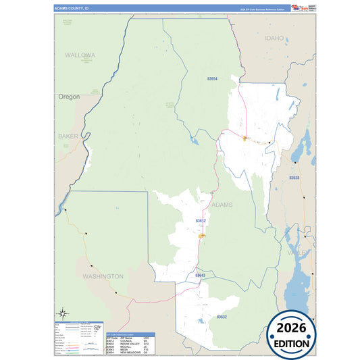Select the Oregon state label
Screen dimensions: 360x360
point(68,97)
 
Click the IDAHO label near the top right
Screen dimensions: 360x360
point(275,38)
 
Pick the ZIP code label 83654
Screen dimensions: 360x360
point(212,79)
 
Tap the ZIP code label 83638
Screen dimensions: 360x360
point(294,178)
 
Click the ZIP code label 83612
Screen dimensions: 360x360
point(201,221)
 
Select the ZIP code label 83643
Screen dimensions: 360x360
point(200,275)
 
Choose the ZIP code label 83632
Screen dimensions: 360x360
point(222,317)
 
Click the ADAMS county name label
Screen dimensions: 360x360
point(222,204)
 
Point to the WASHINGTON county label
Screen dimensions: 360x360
point(103,276)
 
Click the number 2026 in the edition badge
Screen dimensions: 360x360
point(291,328)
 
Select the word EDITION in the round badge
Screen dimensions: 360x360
point(291,343)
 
